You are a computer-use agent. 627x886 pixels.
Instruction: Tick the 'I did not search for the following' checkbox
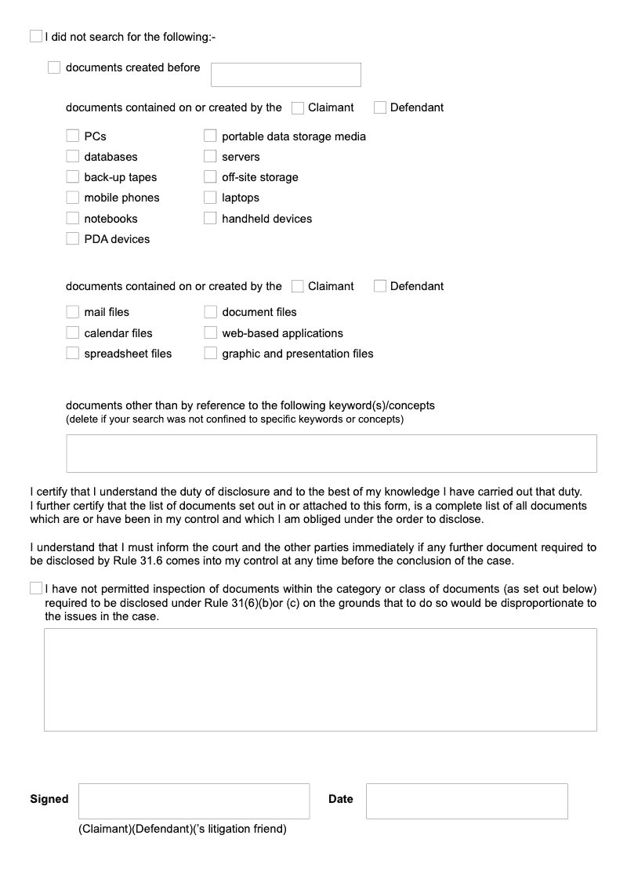[x=36, y=36]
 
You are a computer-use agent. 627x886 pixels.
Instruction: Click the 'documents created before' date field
[x=285, y=74]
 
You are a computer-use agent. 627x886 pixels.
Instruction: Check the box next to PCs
[x=73, y=136]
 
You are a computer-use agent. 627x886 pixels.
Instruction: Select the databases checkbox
[x=73, y=156]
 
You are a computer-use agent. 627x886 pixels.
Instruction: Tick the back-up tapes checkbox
[x=73, y=176]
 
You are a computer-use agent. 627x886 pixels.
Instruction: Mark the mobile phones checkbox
[x=73, y=197]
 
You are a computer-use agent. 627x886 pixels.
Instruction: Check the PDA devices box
[x=73, y=238]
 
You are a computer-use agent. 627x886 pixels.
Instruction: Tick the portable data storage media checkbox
[x=210, y=136]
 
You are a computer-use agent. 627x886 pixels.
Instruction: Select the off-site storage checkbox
[x=210, y=176]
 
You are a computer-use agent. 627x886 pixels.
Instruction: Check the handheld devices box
[x=210, y=218]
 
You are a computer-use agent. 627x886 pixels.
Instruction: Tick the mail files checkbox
[x=73, y=311]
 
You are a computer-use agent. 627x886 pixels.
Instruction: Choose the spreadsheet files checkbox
[x=73, y=353]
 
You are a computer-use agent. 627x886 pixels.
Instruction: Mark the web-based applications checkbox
[x=210, y=332]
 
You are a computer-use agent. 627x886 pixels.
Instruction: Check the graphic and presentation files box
[x=210, y=353]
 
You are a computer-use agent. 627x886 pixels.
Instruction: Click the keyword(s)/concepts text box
[x=331, y=453]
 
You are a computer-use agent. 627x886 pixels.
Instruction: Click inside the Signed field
[x=194, y=801]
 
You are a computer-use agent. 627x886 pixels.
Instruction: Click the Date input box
[x=466, y=801]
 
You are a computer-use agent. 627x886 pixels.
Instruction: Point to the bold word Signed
[x=49, y=799]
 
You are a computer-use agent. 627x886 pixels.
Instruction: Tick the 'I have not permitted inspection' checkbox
[x=36, y=588]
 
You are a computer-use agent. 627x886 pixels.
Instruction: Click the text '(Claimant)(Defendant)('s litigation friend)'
[x=182, y=829]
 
